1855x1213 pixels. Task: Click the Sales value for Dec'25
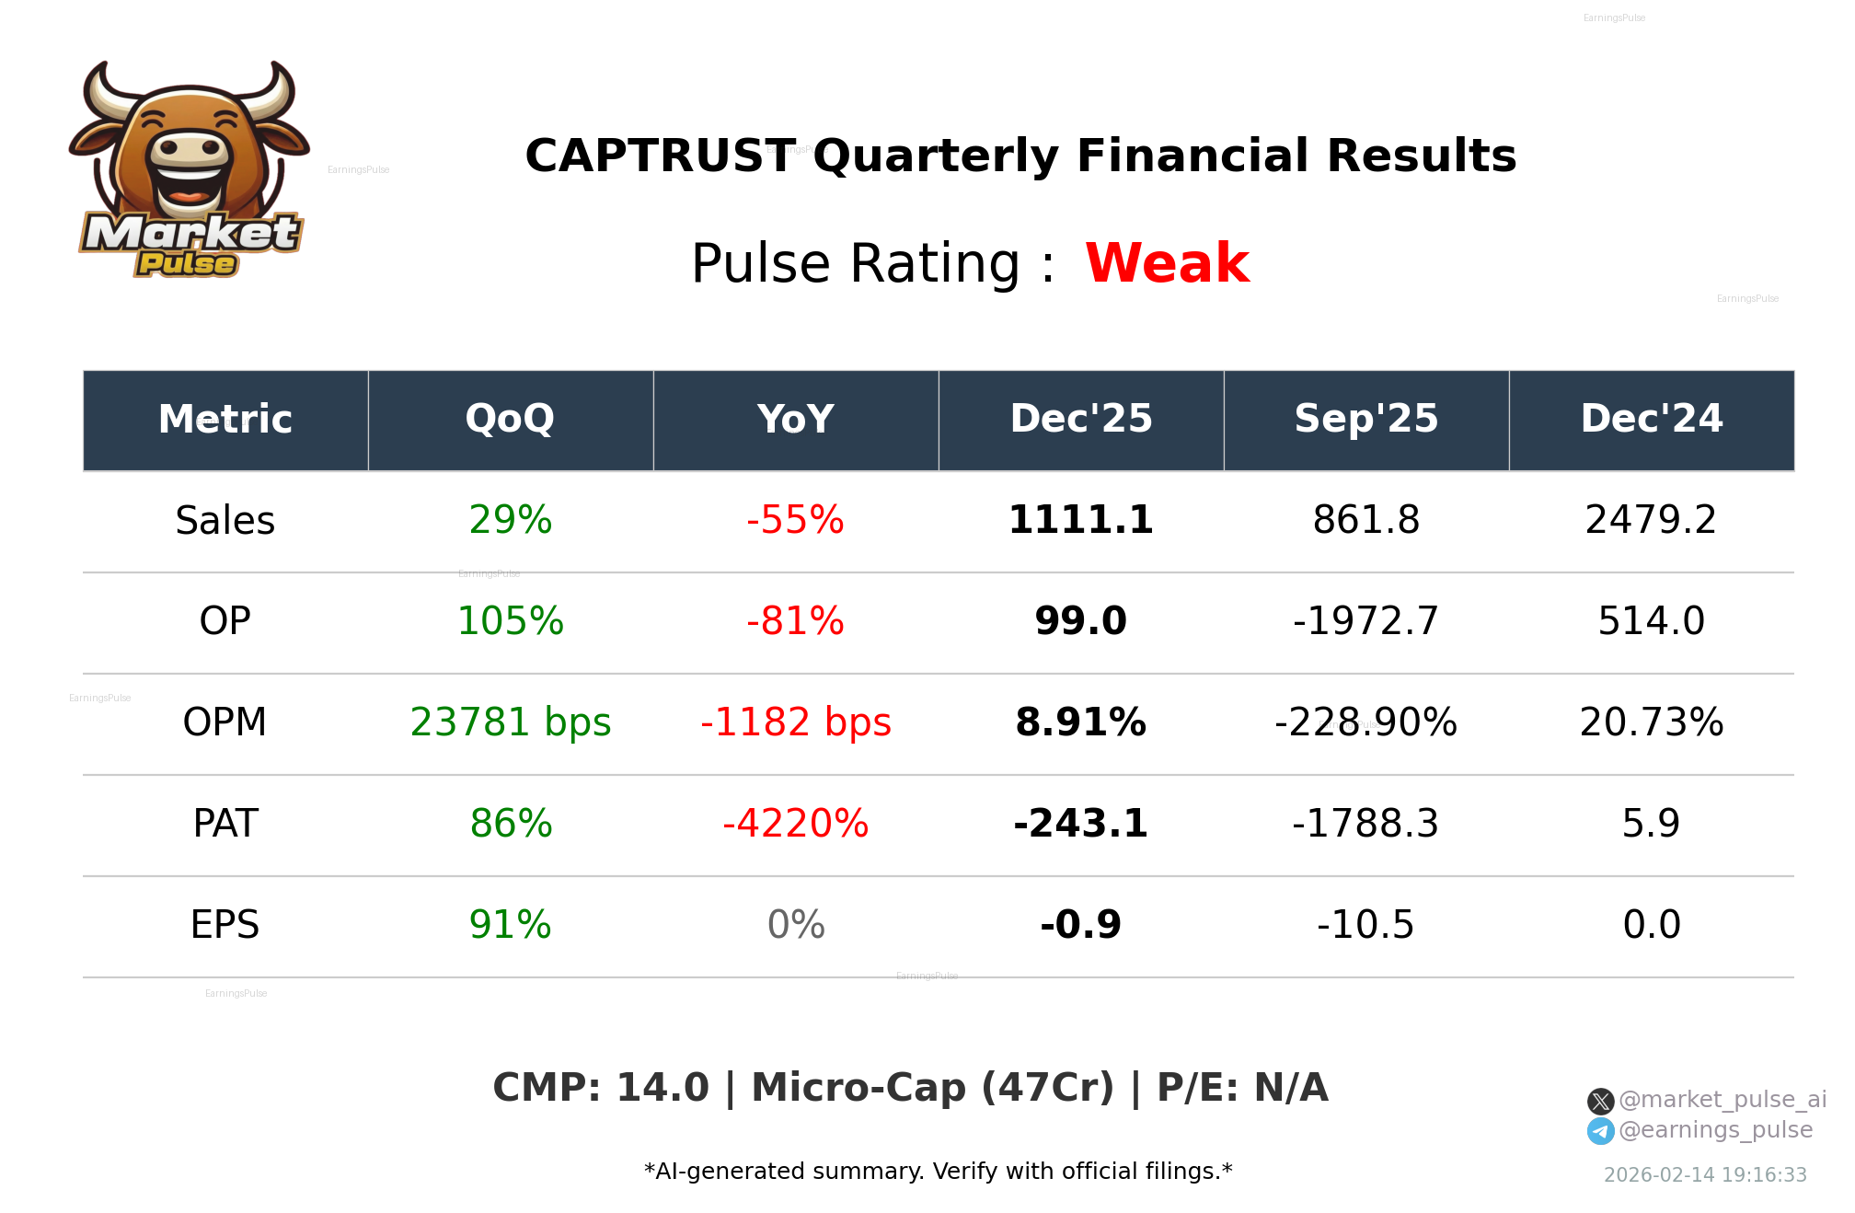pyautogui.click(x=1080, y=520)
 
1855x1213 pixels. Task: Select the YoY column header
pyautogui.click(x=795, y=420)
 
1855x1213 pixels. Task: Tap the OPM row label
pyautogui.click(x=225, y=722)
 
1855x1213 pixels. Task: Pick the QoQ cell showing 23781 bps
pyautogui.click(x=510, y=722)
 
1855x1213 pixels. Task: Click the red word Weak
pyautogui.click(x=1167, y=263)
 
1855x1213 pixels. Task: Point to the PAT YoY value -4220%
pyautogui.click(x=795, y=824)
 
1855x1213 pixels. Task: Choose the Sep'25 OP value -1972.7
pyautogui.click(x=1365, y=621)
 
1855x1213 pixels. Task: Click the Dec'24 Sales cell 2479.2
pyautogui.click(x=1651, y=520)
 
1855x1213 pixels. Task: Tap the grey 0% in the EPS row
pyautogui.click(x=795, y=925)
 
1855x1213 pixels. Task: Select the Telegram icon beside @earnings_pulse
pyautogui.click(x=1600, y=1131)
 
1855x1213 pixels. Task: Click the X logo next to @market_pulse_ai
pyautogui.click(x=1600, y=1101)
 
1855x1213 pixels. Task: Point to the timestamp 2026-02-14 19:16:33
pyautogui.click(x=1705, y=1175)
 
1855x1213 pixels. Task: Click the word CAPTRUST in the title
pyautogui.click(x=660, y=156)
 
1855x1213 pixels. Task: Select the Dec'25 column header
pyautogui.click(x=1080, y=420)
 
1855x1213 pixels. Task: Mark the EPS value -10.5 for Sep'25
pyautogui.click(x=1365, y=925)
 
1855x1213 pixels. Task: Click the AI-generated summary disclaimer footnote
pyautogui.click(x=938, y=1172)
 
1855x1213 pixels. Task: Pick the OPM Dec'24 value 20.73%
pyautogui.click(x=1651, y=722)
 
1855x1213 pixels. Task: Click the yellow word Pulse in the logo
pyautogui.click(x=187, y=264)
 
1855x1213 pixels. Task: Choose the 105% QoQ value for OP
pyautogui.click(x=510, y=621)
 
